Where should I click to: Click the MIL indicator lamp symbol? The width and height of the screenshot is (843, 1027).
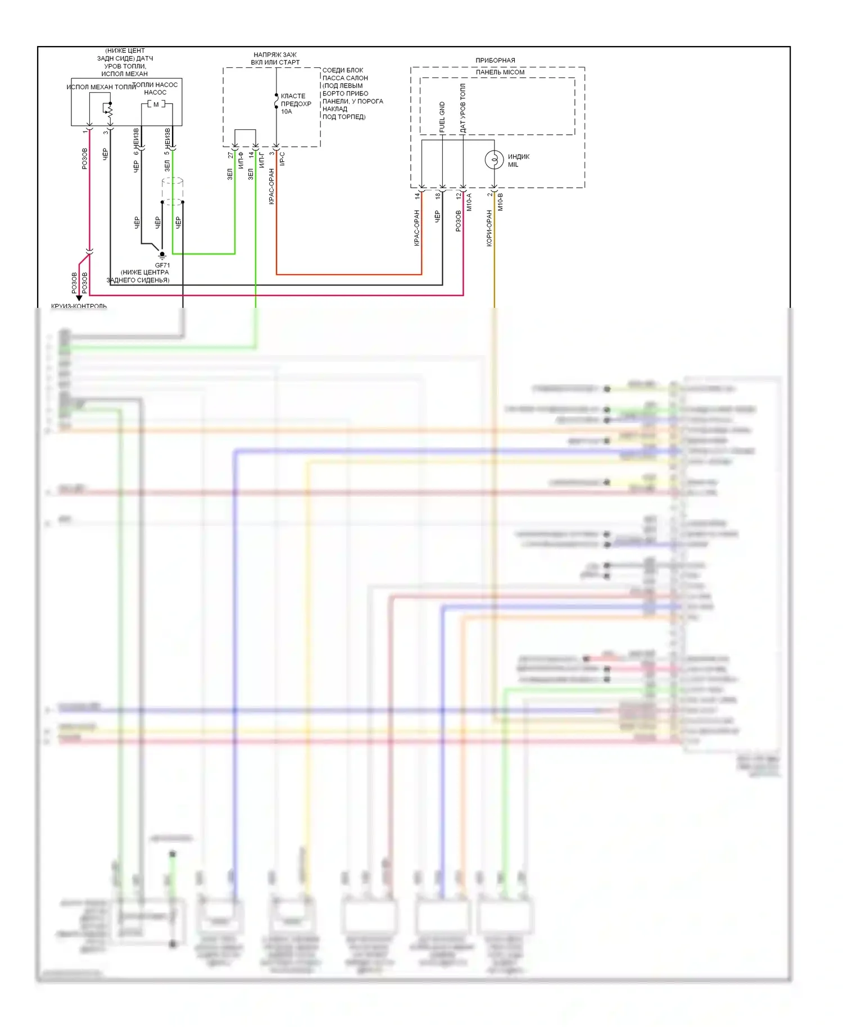click(494, 160)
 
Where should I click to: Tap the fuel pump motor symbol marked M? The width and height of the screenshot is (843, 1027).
click(156, 104)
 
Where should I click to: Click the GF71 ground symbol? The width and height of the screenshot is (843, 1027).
click(162, 255)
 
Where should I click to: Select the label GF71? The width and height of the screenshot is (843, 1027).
click(162, 265)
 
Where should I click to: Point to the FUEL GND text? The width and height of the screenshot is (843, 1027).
click(442, 117)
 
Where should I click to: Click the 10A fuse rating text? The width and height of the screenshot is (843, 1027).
click(287, 112)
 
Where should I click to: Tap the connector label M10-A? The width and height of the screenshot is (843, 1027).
click(469, 202)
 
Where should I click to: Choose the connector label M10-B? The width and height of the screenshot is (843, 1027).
click(500, 202)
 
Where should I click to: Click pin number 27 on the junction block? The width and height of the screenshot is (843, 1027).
click(230, 154)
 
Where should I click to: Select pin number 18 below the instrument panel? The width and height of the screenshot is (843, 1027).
click(438, 196)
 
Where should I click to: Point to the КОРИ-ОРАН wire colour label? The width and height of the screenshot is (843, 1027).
click(489, 228)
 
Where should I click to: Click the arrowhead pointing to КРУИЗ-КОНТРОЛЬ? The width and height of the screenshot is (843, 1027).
click(79, 298)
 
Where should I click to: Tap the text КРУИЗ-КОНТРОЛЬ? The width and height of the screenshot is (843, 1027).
click(79, 306)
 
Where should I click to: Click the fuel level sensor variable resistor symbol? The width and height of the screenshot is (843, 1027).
click(110, 112)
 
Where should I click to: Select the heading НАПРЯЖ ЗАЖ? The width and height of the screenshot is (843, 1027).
click(275, 54)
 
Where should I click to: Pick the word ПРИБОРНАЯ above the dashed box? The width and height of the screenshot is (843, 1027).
click(495, 60)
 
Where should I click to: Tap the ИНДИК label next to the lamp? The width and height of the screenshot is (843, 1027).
click(519, 157)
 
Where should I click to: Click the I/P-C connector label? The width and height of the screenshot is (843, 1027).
click(282, 159)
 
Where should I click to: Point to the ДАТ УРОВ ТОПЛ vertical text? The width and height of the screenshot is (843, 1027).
click(463, 108)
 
